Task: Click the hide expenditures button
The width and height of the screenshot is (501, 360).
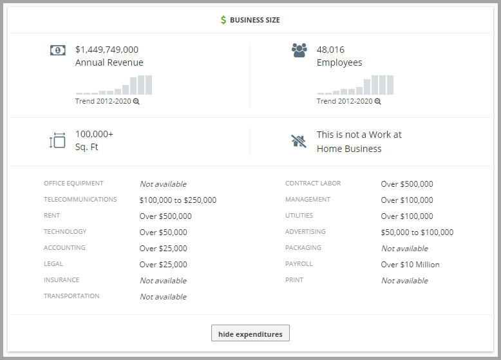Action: point(250,334)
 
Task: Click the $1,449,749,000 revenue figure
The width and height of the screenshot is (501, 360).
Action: point(107,50)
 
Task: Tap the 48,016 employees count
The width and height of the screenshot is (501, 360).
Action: point(331,50)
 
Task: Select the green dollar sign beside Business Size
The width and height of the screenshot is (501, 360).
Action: point(223,20)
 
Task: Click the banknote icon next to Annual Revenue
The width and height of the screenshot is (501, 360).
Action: point(58,50)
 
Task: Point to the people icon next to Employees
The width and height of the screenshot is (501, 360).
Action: point(299,50)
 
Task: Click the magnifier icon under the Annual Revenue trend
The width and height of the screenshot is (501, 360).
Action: point(137,102)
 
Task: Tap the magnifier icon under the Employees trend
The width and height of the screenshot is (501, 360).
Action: point(378,102)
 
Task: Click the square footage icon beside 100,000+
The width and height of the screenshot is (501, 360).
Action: point(57,140)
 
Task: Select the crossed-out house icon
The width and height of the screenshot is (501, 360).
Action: point(299,141)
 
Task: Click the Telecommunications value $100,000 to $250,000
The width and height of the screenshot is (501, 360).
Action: point(178,200)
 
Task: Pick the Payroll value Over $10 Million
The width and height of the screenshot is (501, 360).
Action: point(410,265)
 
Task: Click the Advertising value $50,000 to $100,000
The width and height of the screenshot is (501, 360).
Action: point(417,232)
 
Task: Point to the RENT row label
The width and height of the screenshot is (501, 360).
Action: point(52,216)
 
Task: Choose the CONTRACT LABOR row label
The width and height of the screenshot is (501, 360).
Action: point(313,184)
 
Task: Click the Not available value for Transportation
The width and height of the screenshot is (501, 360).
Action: point(163,297)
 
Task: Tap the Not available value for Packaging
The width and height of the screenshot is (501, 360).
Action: point(404,249)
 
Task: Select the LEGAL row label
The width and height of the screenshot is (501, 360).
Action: point(53,264)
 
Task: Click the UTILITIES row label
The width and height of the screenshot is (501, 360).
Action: point(299,216)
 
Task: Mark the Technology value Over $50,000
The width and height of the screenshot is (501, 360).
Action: point(163,232)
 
